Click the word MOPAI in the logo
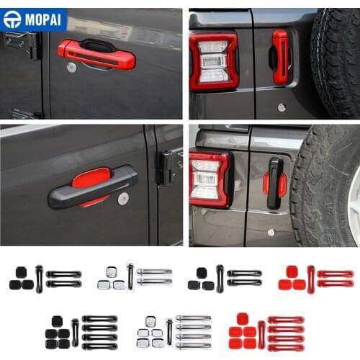pos(43,19)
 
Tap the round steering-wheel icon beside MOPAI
pos(12,19)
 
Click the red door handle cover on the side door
pos(96,54)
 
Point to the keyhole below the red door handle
pos(71,67)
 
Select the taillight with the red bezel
pos(214,60)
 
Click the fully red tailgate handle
pos(279,57)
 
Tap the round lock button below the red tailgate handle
pos(282,107)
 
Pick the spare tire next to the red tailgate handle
pos(336,61)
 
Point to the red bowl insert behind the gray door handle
pos(91,176)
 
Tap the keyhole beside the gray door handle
pos(123,199)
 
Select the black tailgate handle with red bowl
pos(274,184)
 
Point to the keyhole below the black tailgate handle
pos(271,232)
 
